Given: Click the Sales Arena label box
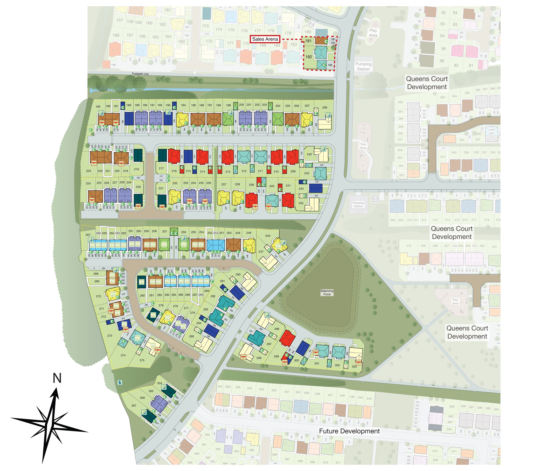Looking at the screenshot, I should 265,39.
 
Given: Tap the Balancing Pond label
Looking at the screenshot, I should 327,292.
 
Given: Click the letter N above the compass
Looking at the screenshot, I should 57,378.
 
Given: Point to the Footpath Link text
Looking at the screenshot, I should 140,74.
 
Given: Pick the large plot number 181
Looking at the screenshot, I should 308,41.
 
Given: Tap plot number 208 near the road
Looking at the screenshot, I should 325,108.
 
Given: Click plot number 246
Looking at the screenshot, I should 268,236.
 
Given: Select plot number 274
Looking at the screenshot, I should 123,355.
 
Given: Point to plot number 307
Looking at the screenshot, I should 134,406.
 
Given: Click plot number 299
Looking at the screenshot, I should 276,356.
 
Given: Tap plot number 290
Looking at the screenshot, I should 238,274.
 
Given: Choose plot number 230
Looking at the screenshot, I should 138,187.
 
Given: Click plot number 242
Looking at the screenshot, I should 309,154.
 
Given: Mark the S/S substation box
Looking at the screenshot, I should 375,199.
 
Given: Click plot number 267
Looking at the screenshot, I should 88,235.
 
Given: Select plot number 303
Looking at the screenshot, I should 354,366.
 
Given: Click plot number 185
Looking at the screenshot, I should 98,107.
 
